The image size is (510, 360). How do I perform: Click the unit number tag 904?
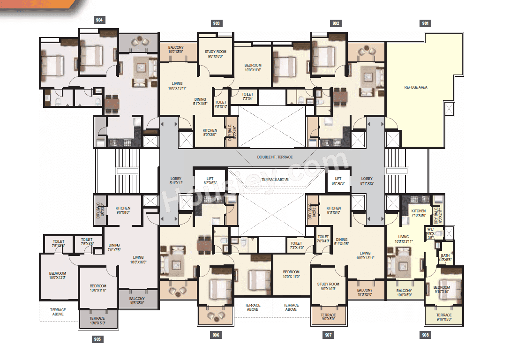coord(99,20)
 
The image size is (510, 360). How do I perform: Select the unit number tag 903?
coord(216,23)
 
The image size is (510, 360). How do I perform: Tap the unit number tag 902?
coord(336,23)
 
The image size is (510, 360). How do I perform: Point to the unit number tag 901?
coord(425,23)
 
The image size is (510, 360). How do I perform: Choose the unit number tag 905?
coord(97,339)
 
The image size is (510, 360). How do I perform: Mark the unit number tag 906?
coord(216,335)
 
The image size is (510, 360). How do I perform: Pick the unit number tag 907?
coord(329,335)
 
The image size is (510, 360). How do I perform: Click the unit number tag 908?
coord(425,335)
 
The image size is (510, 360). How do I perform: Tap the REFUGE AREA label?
coord(416,87)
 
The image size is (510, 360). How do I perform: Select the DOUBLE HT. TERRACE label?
coord(275,157)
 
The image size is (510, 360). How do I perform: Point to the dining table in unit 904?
coord(111,104)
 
